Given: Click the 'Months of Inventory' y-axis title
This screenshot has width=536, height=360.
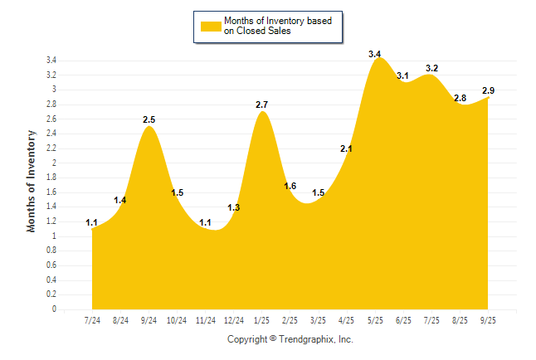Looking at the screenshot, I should click(32, 180).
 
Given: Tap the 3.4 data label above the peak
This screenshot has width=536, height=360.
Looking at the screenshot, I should click(375, 55).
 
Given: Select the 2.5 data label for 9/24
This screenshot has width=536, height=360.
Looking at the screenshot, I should click(149, 120).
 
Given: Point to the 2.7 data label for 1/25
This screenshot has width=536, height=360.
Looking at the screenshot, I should click(262, 105).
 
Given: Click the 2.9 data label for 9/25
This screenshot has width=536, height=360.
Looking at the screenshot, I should click(489, 90).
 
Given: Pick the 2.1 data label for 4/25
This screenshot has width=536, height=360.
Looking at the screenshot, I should click(347, 149).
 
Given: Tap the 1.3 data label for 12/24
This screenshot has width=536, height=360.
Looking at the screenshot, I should click(233, 207).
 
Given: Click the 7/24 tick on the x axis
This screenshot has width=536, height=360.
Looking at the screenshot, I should click(92, 320).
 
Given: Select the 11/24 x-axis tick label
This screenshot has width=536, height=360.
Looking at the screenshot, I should click(205, 320).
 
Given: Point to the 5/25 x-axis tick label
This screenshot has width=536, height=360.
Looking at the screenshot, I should click(375, 320).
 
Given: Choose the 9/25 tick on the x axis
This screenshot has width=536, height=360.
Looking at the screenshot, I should click(488, 320).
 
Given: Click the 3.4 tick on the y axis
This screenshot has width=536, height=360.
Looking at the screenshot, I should click(51, 61).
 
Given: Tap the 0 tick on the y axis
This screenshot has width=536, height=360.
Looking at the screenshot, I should click(54, 309).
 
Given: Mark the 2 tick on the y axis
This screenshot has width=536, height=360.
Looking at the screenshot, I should click(54, 163).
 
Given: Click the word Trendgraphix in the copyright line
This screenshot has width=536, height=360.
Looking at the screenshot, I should click(305, 339).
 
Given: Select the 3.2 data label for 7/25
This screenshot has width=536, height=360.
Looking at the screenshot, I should click(431, 68).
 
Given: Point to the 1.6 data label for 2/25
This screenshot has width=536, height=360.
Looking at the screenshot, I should click(290, 186).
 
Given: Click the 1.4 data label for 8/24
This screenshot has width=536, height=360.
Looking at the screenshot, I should click(120, 201).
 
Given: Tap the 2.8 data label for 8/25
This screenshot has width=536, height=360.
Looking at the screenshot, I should click(460, 98).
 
